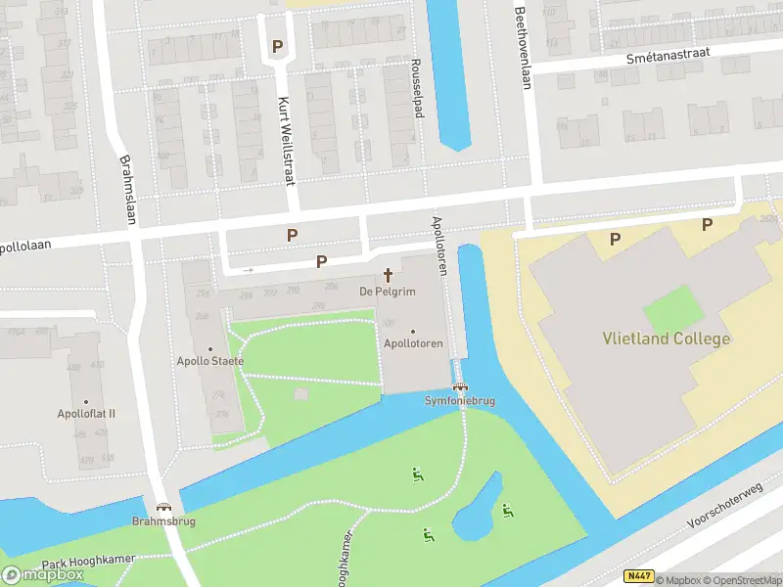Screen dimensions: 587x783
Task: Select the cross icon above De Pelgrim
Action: click(x=388, y=275)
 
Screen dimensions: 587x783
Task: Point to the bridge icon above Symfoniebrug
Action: click(x=458, y=387)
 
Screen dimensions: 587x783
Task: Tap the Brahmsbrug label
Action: click(x=163, y=521)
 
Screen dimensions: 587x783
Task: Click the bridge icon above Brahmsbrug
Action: click(x=163, y=507)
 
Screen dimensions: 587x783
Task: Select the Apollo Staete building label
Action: click(x=210, y=362)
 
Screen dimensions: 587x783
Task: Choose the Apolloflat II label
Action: click(x=86, y=414)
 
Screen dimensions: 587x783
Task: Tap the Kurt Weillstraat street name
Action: click(x=286, y=140)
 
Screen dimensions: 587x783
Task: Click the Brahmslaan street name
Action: click(x=126, y=190)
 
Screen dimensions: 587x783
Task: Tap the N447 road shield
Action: click(x=638, y=578)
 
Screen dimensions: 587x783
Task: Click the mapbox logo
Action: click(x=43, y=575)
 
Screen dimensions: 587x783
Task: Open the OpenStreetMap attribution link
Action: click(x=739, y=580)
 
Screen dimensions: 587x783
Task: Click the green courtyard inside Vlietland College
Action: click(x=673, y=308)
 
